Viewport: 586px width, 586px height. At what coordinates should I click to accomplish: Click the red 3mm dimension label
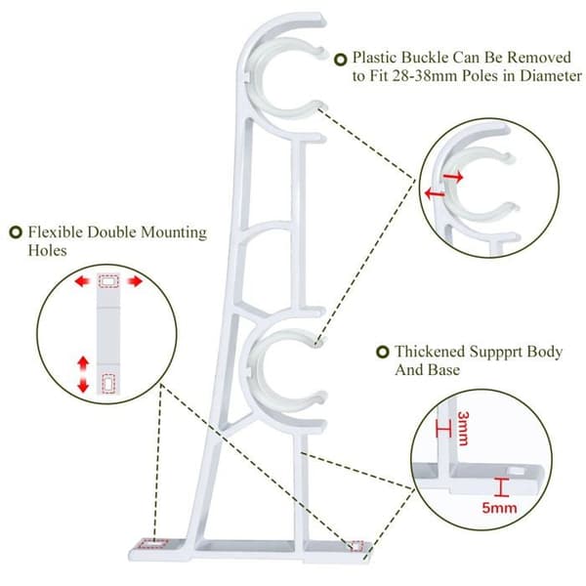(x=463, y=429)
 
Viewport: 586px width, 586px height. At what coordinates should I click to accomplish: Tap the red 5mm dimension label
(x=499, y=508)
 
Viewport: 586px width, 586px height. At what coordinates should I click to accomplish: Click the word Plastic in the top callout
(x=375, y=58)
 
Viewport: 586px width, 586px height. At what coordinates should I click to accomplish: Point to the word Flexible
(x=56, y=232)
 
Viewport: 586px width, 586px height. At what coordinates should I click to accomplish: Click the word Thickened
(x=430, y=352)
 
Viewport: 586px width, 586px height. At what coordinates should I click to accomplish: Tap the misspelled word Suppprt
(x=495, y=353)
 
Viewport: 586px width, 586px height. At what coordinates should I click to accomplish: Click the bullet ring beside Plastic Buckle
(x=340, y=60)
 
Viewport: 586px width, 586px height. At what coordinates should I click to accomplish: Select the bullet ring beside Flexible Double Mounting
(x=16, y=232)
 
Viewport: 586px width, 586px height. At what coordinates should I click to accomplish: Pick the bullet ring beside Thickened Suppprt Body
(x=382, y=352)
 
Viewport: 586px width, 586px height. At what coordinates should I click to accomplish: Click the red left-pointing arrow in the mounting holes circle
(x=82, y=281)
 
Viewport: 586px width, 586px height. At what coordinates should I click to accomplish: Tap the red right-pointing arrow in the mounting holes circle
(x=135, y=281)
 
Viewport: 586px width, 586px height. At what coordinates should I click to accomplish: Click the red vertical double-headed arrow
(x=83, y=374)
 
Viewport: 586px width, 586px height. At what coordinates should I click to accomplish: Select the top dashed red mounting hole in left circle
(x=108, y=281)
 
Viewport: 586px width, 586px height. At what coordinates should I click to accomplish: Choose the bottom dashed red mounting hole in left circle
(x=108, y=384)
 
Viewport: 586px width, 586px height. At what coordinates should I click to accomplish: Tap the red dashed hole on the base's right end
(x=356, y=546)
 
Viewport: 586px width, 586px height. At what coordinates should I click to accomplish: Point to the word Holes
(x=48, y=250)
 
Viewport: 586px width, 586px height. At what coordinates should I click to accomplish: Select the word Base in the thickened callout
(x=444, y=370)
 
